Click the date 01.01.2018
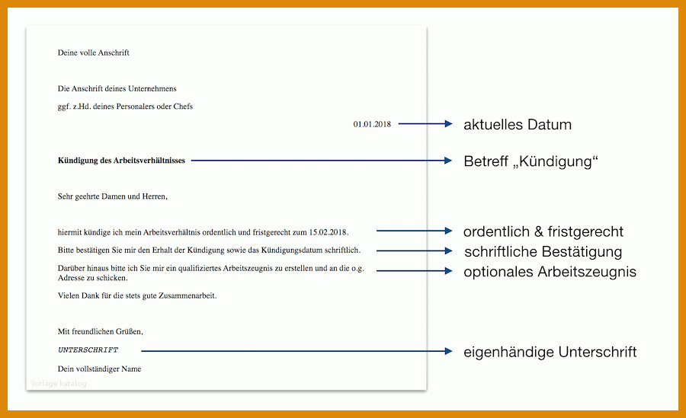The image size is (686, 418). coord(372,124)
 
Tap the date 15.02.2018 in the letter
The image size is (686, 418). coord(329,232)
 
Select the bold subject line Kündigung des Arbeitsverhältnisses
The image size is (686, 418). coord(121,161)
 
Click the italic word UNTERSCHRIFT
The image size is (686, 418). coord(88,349)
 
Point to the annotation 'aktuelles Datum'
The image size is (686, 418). coord(518,125)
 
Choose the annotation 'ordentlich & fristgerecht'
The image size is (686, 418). coord(543,231)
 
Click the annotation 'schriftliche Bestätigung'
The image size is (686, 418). coord(543,252)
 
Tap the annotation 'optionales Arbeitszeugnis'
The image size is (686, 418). coord(550,272)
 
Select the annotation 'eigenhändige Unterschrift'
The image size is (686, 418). coord(550,352)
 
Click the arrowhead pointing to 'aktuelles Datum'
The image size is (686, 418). coord(448,124)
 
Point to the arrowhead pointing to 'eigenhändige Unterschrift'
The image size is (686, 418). coord(448,351)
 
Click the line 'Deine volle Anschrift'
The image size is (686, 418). coord(93,53)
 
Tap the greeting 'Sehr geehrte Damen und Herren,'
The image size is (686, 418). coord(113,196)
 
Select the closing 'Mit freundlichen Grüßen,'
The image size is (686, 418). coord(100,331)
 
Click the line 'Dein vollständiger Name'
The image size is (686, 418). coord(99,369)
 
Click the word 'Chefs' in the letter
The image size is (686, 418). coord(183,107)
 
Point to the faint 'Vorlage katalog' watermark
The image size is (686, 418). coord(59,384)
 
